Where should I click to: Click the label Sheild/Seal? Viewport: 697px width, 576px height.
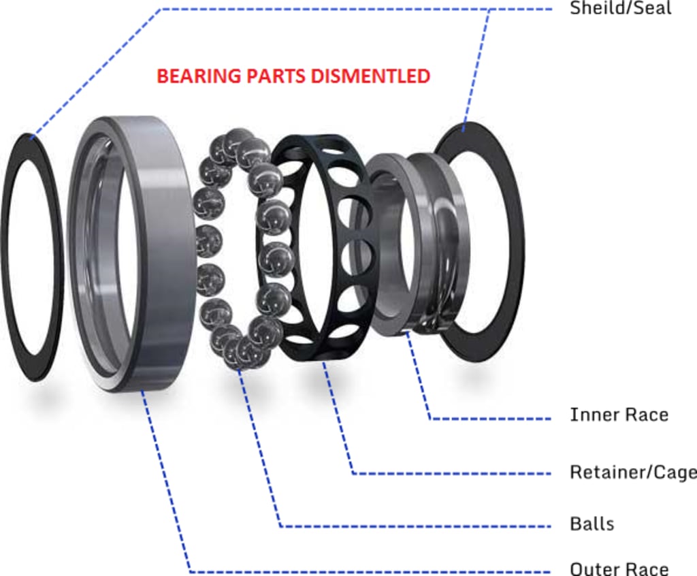(x=620, y=8)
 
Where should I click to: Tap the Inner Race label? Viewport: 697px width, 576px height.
(x=619, y=415)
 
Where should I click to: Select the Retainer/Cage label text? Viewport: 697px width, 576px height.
(x=632, y=472)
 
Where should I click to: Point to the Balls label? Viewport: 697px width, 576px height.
(x=591, y=524)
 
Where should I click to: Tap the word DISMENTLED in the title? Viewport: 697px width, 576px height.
(x=370, y=76)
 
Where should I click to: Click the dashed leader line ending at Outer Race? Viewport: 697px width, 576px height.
(x=368, y=571)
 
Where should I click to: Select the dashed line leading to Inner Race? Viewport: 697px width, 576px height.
(x=490, y=417)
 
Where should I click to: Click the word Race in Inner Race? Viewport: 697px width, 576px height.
(x=645, y=415)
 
